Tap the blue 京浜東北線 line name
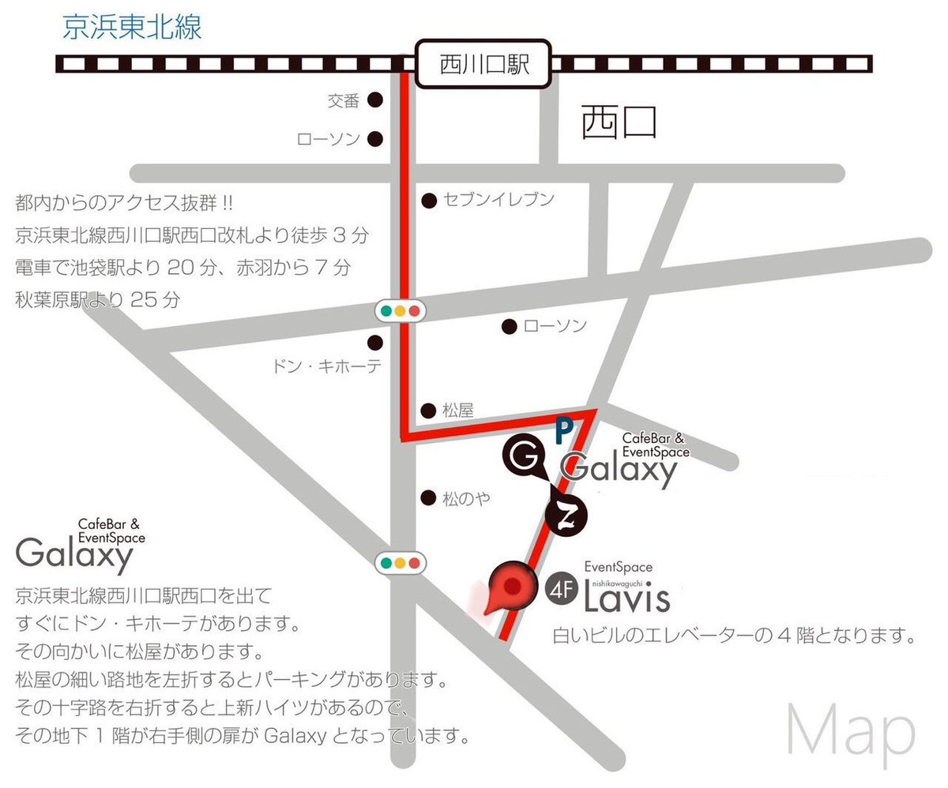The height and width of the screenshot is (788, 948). pyautogui.click(x=132, y=28)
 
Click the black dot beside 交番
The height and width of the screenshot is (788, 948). pyautogui.click(x=375, y=100)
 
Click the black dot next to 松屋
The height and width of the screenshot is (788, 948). pyautogui.click(x=428, y=410)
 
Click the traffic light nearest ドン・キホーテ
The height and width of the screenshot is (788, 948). pyautogui.click(x=400, y=311)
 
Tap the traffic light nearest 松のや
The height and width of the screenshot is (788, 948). pyautogui.click(x=400, y=564)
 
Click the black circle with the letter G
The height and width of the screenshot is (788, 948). pyautogui.click(x=522, y=456)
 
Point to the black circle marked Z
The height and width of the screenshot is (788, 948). pyautogui.click(x=566, y=518)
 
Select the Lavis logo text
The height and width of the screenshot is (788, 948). pyautogui.click(x=627, y=598)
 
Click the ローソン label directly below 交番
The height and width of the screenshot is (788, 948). pyautogui.click(x=329, y=140)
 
